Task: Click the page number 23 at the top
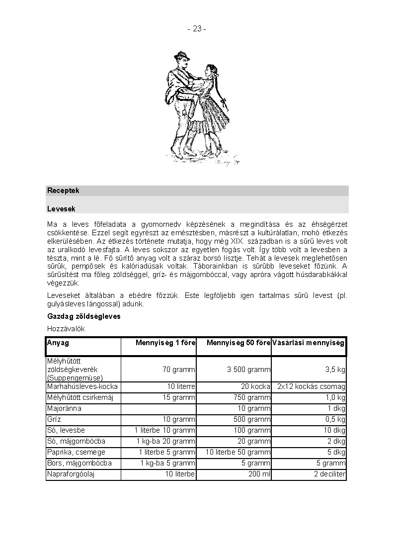(197, 29)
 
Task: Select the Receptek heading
(63, 190)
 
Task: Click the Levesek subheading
(61, 209)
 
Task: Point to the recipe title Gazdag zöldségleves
(83, 316)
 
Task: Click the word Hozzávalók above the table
(66, 329)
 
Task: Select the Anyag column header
(58, 343)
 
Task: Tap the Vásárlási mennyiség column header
(308, 343)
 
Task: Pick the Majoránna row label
(64, 408)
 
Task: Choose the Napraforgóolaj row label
(71, 474)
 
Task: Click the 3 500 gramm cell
(249, 370)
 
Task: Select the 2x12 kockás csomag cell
(312, 386)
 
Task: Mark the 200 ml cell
(259, 474)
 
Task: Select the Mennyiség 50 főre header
(238, 343)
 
